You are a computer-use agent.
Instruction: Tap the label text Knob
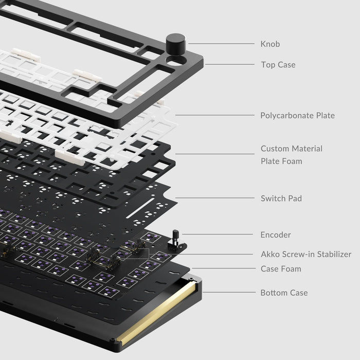pyautogui.click(x=270, y=44)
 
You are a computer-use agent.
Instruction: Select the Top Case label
pyautogui.click(x=278, y=65)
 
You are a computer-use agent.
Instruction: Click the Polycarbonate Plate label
pyautogui.click(x=297, y=115)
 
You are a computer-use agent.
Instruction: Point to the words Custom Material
pyautogui.click(x=291, y=149)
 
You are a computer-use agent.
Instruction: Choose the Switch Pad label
pyautogui.click(x=281, y=198)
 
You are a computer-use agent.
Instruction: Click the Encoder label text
pyautogui.click(x=276, y=235)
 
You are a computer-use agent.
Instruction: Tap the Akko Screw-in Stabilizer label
pyautogui.click(x=305, y=254)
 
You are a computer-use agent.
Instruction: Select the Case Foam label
pyautogui.click(x=281, y=268)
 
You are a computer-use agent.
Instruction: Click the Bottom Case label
pyautogui.click(x=284, y=293)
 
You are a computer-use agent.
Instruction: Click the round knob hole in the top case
pyautogui.click(x=176, y=61)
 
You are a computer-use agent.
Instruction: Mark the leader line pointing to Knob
pyautogui.click(x=221, y=44)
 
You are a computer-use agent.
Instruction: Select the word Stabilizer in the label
pyautogui.click(x=333, y=254)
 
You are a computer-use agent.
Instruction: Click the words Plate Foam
pyautogui.click(x=281, y=161)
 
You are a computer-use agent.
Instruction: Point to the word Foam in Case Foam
pyautogui.click(x=291, y=268)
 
